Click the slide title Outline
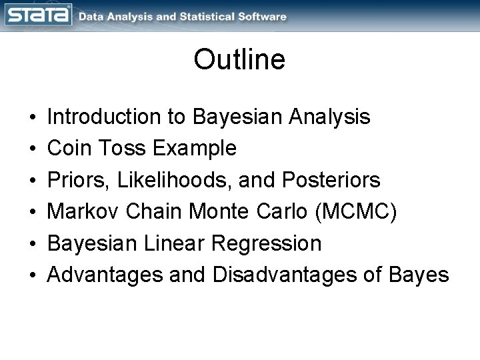click(x=239, y=59)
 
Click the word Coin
click(x=70, y=149)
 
